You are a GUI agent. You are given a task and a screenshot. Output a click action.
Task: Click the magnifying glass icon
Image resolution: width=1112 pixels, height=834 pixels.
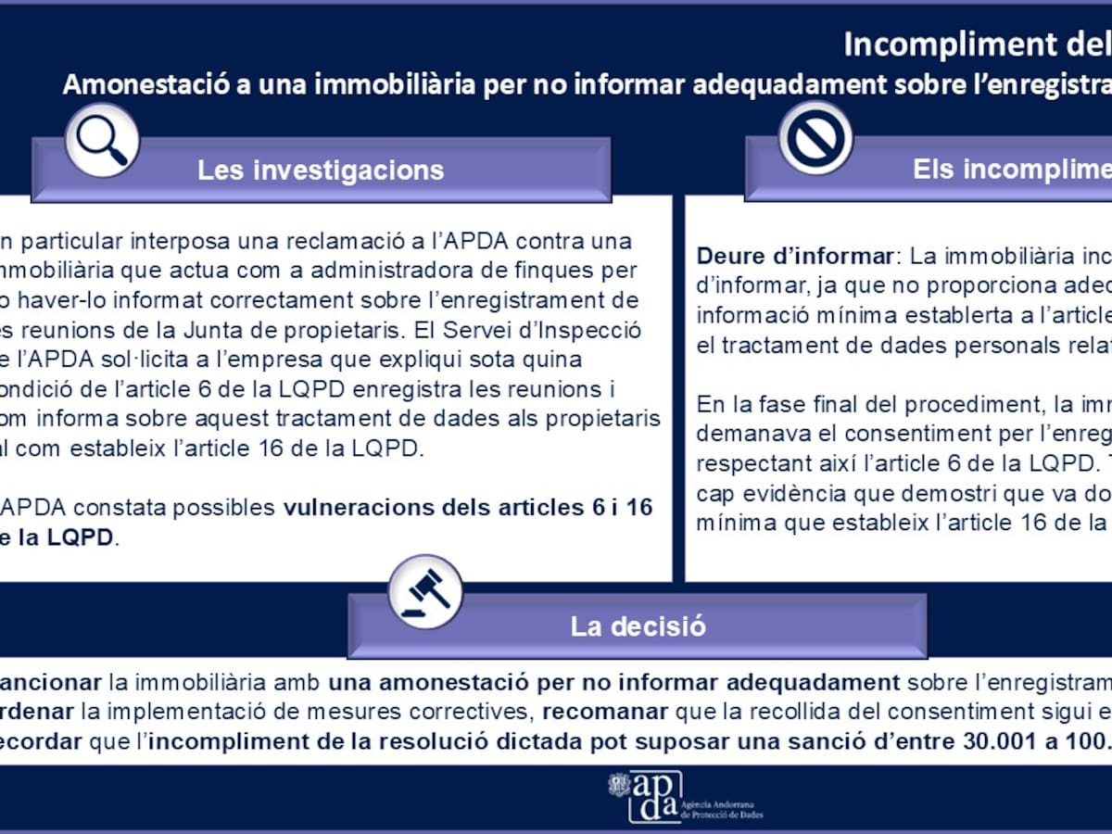[101, 140]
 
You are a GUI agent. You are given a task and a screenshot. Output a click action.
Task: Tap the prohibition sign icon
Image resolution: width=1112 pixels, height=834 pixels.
[815, 138]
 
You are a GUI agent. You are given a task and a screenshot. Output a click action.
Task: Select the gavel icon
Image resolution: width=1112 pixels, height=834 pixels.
[425, 590]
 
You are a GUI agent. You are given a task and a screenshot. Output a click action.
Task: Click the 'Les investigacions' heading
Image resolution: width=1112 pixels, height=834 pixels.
[321, 171]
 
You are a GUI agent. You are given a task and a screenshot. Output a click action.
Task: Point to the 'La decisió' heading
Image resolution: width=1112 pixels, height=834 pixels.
[638, 626]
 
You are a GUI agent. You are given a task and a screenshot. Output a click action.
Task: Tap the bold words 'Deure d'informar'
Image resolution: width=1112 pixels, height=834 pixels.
[795, 256]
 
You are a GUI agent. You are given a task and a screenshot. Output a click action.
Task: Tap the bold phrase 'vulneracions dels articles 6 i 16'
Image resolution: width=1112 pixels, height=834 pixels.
[467, 508]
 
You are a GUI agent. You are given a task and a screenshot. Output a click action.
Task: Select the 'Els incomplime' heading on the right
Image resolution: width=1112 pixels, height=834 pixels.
[1010, 169]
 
